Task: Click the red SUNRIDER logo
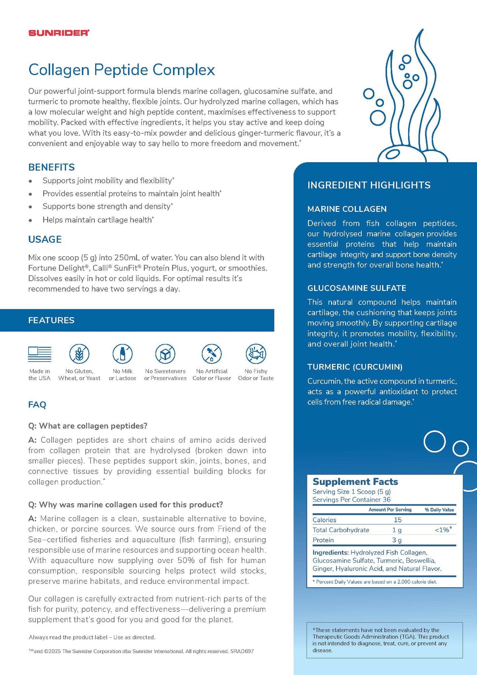(x=59, y=33)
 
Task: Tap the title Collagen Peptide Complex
(x=122, y=70)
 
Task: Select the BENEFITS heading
(x=51, y=167)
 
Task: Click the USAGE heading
(x=45, y=239)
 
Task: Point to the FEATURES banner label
(x=51, y=320)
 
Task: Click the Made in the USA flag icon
(x=40, y=354)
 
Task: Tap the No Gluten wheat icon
(x=79, y=354)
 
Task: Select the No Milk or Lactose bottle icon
(x=123, y=354)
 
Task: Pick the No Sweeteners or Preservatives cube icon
(x=165, y=354)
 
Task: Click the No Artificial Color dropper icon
(x=211, y=354)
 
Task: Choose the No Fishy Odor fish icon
(x=256, y=354)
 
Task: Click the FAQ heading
(x=37, y=404)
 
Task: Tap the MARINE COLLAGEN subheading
(x=347, y=209)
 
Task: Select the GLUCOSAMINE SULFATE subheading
(x=357, y=288)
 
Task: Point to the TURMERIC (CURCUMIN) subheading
(x=355, y=367)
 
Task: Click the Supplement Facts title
(x=355, y=482)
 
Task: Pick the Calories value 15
(x=398, y=520)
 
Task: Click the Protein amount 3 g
(x=397, y=540)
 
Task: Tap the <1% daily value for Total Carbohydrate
(x=443, y=530)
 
